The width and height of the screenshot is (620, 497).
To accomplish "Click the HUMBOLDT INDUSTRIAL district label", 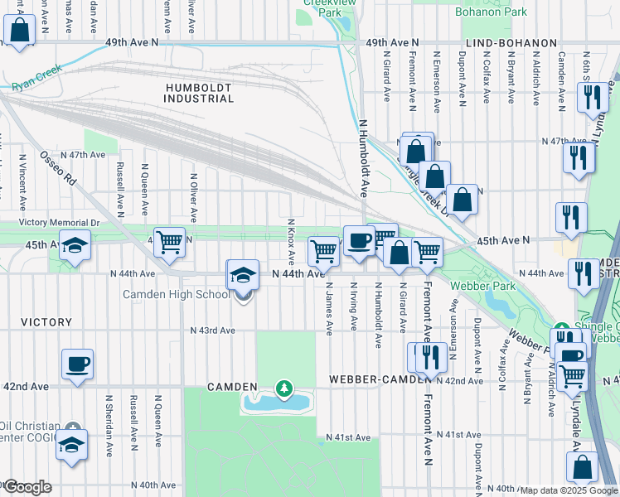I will (x=200, y=93).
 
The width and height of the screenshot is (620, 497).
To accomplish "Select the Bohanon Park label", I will (x=492, y=12).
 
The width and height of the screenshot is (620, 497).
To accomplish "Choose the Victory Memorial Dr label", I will (x=58, y=223).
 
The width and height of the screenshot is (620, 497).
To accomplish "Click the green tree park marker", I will (x=284, y=388).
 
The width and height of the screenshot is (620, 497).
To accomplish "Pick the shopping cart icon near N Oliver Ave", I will (x=169, y=241).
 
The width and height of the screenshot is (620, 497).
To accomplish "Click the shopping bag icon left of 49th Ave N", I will (x=19, y=30).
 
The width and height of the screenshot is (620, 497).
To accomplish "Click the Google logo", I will (x=27, y=487).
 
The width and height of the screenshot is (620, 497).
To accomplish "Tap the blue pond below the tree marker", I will (x=276, y=403).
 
